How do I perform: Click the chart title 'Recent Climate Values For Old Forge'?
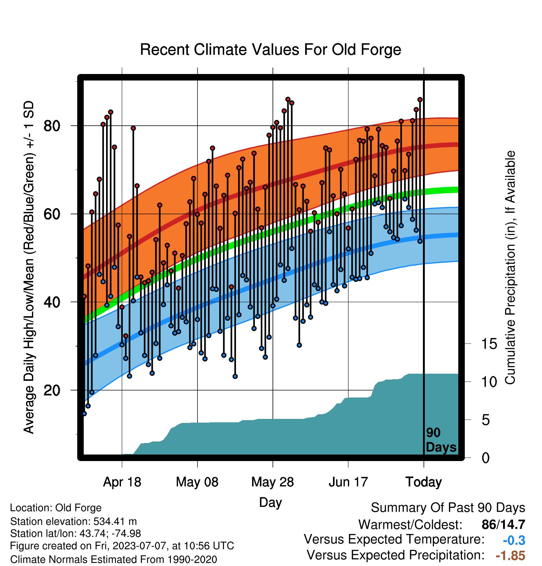270,50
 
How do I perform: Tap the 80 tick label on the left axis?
52,126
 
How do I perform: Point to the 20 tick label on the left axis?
52,390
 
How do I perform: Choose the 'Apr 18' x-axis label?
122,482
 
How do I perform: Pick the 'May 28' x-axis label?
273,482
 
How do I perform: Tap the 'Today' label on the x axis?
424,482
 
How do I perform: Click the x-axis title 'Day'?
270,502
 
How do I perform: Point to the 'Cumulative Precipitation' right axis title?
510,268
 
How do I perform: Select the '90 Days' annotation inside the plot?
441,440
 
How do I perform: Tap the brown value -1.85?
510,556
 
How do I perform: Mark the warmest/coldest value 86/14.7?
503,525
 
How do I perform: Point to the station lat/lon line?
75,533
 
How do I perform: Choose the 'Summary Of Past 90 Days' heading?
448,508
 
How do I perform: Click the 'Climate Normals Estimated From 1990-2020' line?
113,559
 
